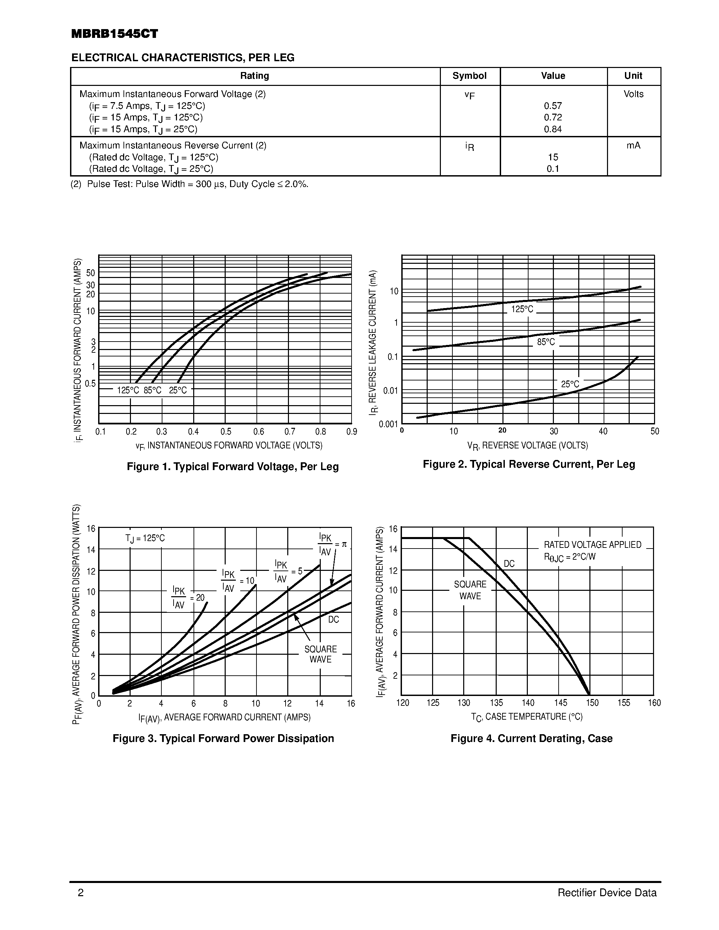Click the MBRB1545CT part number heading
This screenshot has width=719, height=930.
click(115, 34)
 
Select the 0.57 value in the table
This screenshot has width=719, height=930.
click(553, 106)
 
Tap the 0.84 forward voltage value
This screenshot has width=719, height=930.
click(553, 129)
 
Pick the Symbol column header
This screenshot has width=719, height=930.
click(469, 76)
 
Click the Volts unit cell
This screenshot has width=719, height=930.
click(633, 94)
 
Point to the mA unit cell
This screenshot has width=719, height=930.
click(633, 146)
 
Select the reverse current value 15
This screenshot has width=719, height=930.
click(553, 157)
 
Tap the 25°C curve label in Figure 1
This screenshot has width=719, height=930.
click(178, 390)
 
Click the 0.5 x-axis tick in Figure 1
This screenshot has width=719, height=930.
click(226, 432)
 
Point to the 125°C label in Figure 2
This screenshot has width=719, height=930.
click(522, 309)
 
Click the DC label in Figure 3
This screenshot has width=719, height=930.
click(334, 620)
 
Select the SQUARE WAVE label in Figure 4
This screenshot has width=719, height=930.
click(470, 590)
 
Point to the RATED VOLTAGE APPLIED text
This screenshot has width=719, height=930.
click(592, 544)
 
